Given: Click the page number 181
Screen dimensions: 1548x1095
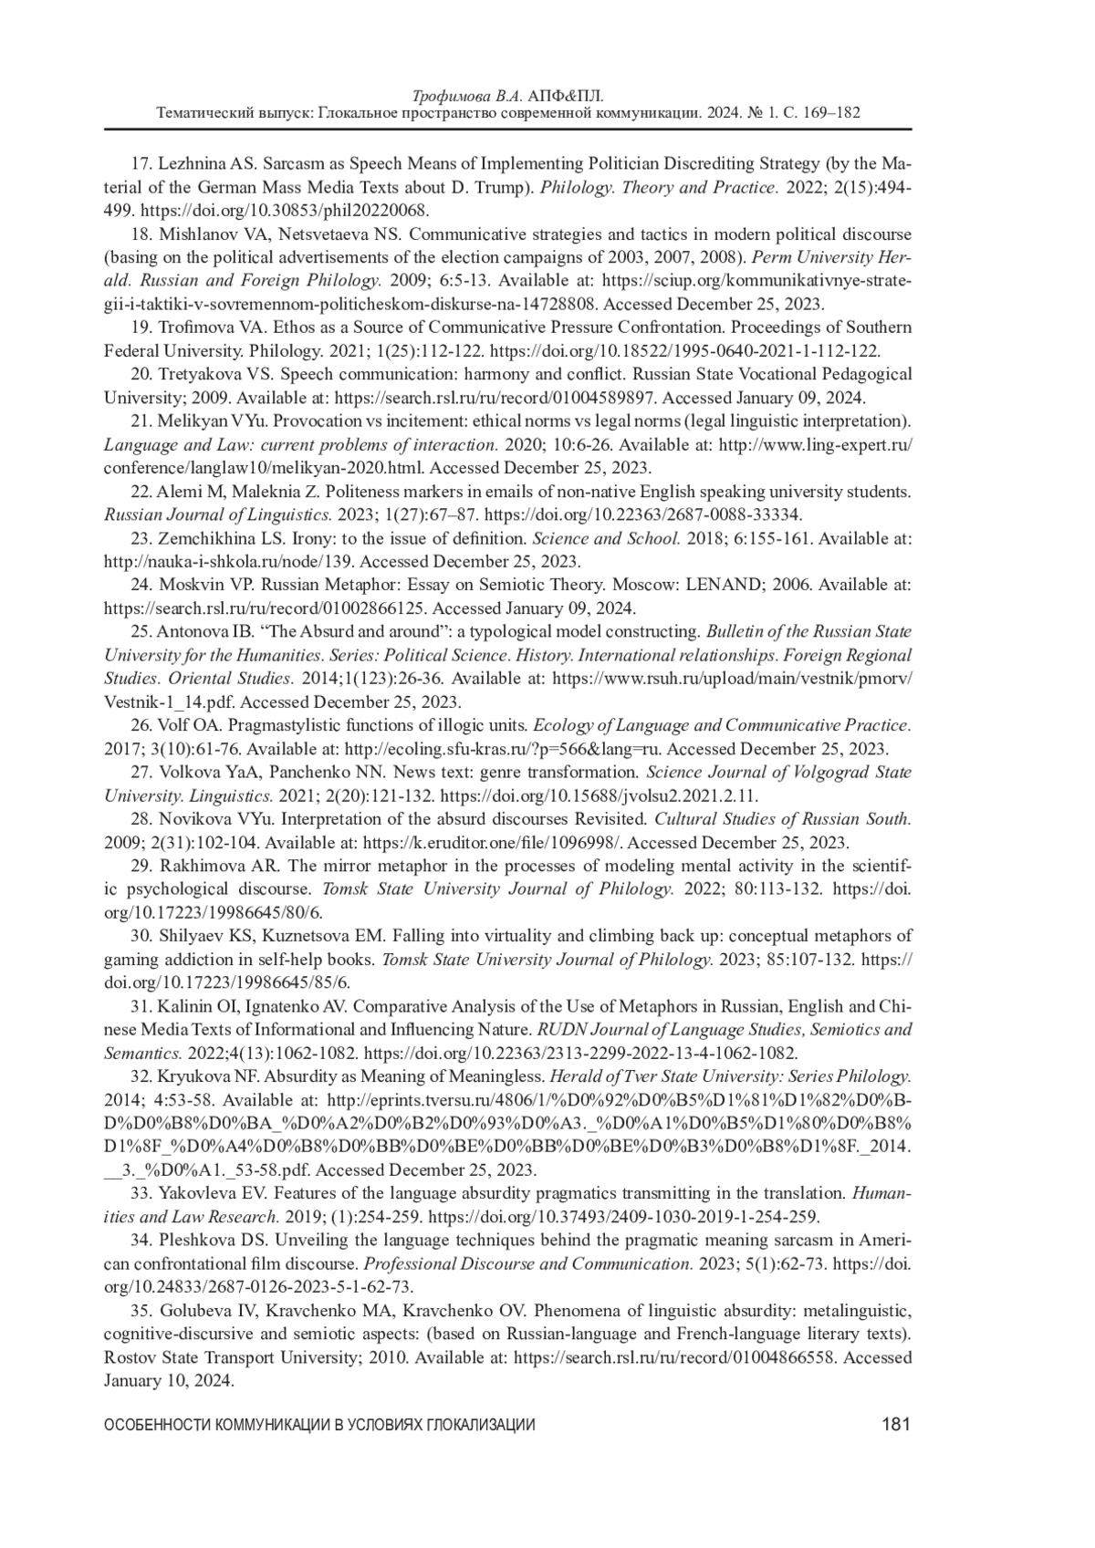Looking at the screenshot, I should pos(896,1425).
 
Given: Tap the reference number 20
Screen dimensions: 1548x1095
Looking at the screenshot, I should pos(141,374).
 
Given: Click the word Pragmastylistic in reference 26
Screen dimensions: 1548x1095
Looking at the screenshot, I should pos(281,725).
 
